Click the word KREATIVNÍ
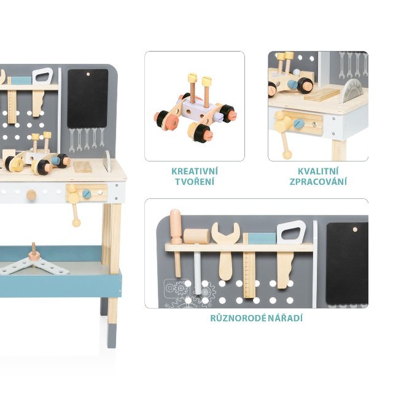click(195, 171)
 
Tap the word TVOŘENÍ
click(195, 182)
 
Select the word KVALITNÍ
click(318, 171)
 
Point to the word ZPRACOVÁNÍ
click(318, 182)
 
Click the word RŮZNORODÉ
click(238, 318)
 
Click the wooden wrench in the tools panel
click(225, 251)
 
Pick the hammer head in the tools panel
click(196, 236)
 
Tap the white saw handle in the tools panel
click(291, 232)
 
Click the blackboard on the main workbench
click(87, 98)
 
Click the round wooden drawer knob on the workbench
click(31, 195)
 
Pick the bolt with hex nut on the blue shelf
click(33, 254)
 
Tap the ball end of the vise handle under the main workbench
click(76, 222)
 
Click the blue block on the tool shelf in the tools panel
click(262, 238)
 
